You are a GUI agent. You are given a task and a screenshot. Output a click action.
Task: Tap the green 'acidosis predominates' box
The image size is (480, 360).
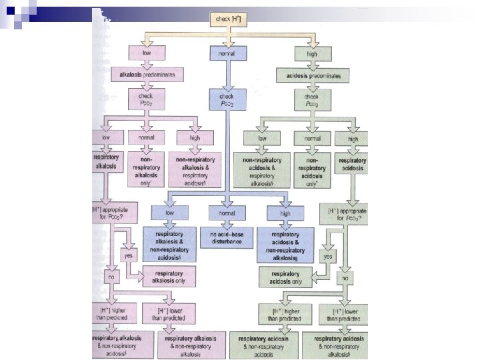click(312, 75)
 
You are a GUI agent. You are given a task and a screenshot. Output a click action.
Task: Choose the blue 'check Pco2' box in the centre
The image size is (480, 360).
click(227, 99)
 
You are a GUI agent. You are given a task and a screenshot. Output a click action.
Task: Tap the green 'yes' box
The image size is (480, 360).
click(327, 255)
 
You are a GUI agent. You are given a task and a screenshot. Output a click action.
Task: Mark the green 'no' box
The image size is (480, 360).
click(345, 274)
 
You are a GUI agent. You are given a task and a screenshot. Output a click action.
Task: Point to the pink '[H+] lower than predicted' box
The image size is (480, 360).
click(167, 313)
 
